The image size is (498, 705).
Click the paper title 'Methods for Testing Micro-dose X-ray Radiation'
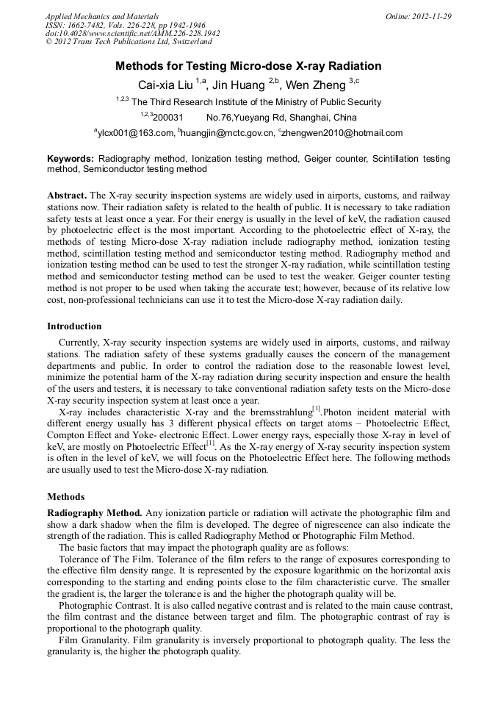[248, 66]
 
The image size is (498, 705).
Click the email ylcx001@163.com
[136, 133]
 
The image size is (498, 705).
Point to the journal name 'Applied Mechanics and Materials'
[101, 16]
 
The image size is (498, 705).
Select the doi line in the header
[132, 34]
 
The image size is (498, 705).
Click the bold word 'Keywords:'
[71, 159]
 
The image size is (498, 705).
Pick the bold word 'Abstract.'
[67, 195]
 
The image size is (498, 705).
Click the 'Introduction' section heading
[74, 326]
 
